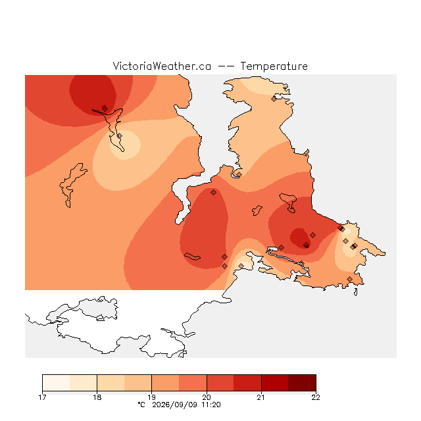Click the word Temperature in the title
point(274,66)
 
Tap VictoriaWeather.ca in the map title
point(162,66)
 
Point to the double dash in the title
point(226,66)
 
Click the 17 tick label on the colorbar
point(42,397)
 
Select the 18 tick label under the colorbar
point(97,397)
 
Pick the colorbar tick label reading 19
point(152,397)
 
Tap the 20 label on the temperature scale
point(207,397)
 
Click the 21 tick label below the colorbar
point(261,397)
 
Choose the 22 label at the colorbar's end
point(316,397)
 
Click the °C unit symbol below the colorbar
point(141,405)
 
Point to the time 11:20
point(211,405)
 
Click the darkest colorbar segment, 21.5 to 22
point(302,383)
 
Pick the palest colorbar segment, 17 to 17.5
point(56,383)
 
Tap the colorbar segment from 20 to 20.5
point(220,383)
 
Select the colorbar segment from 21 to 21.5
point(275,383)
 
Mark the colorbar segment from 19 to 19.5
point(165,383)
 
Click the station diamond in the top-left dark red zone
point(105,109)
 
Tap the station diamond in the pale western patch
point(120,136)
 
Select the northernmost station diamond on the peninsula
point(274,99)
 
